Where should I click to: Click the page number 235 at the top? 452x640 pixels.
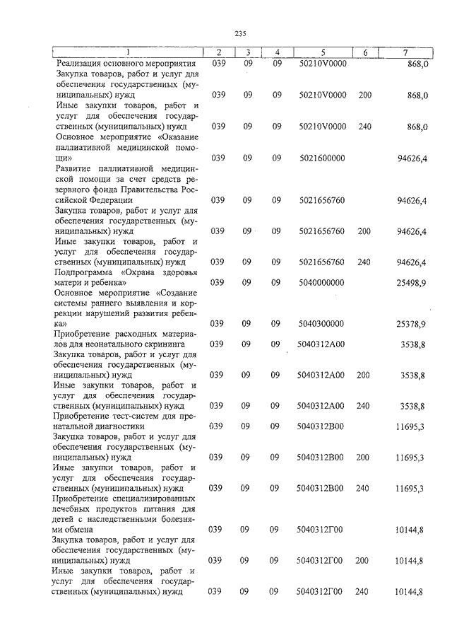(x=239, y=33)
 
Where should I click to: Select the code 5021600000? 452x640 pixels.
(x=321, y=158)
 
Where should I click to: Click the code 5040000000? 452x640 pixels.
(x=321, y=282)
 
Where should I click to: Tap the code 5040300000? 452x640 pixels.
(x=321, y=323)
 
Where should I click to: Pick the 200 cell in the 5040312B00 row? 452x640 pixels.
(x=363, y=458)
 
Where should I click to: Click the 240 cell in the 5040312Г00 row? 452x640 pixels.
(x=363, y=591)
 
